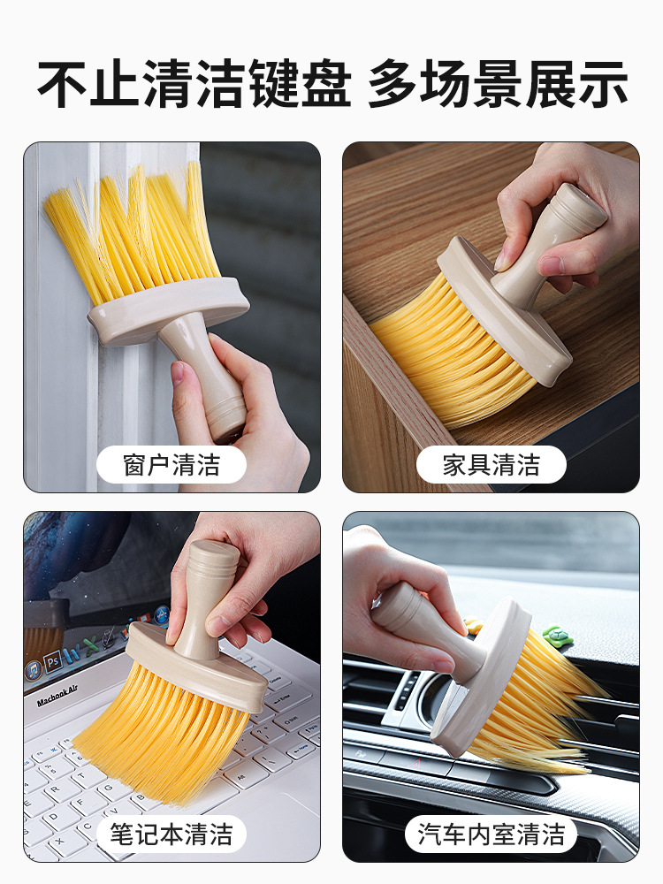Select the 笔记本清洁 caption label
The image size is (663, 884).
coord(171,834)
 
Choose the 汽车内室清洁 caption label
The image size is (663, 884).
coord(491,834)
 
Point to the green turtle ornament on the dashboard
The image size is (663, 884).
coord(558,634)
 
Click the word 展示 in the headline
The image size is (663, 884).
coord(575,84)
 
